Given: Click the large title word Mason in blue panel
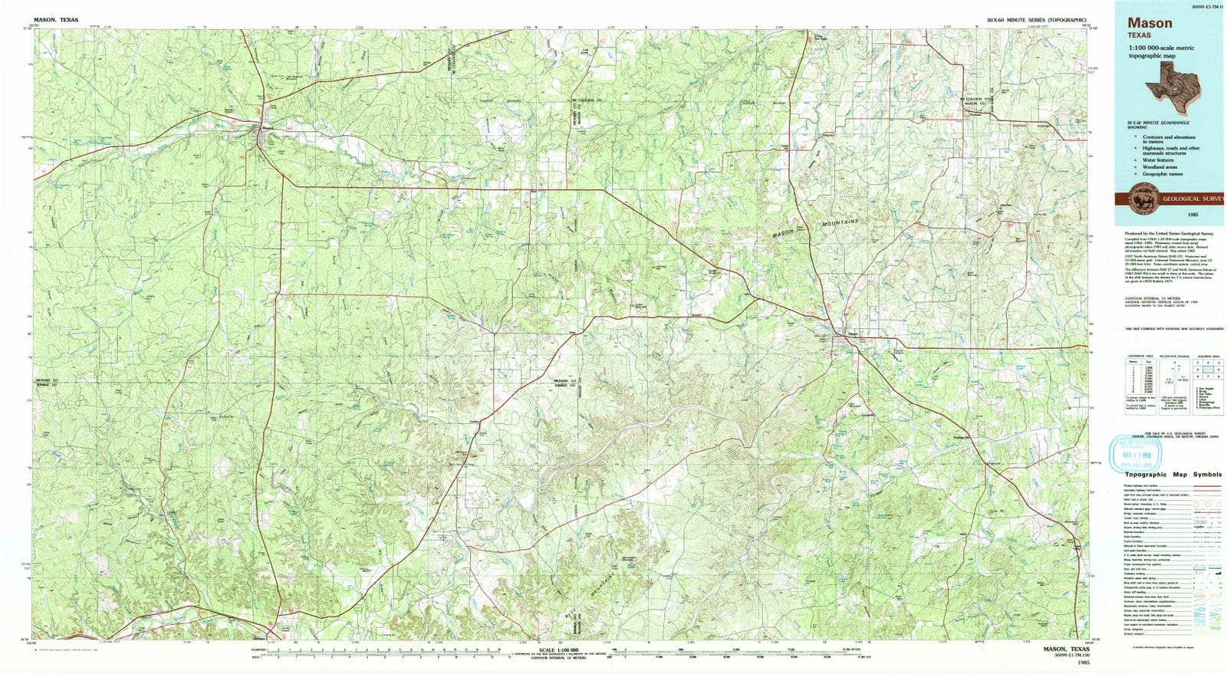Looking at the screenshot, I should click(1150, 23).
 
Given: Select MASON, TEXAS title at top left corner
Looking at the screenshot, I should click(56, 19).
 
